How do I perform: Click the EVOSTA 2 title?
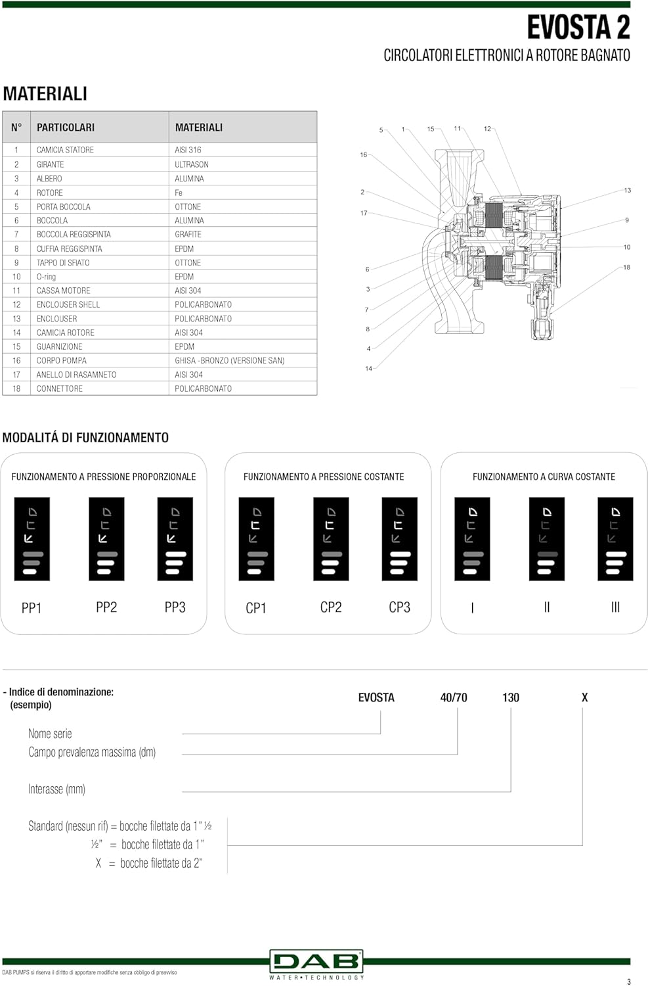click(x=578, y=28)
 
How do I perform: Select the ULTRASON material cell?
click(x=191, y=164)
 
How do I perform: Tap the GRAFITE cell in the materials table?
click(x=188, y=235)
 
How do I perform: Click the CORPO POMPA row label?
click(x=61, y=361)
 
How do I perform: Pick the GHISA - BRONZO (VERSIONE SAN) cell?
click(x=229, y=361)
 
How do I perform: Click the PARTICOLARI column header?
click(x=66, y=128)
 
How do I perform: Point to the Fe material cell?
click(x=179, y=193)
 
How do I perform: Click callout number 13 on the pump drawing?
click(x=627, y=191)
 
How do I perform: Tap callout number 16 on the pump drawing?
click(x=363, y=155)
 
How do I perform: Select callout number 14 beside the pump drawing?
click(x=368, y=369)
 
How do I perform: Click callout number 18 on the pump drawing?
click(x=626, y=268)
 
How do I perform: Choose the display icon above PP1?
click(x=32, y=539)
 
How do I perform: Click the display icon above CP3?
click(x=399, y=539)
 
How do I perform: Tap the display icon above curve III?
click(x=615, y=539)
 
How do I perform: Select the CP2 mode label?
click(x=331, y=607)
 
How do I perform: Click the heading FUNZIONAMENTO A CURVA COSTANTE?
click(x=544, y=477)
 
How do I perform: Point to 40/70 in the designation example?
click(x=454, y=698)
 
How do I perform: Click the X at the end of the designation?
click(x=584, y=698)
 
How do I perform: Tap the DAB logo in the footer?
click(x=316, y=962)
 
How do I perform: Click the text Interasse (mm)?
click(x=56, y=789)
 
